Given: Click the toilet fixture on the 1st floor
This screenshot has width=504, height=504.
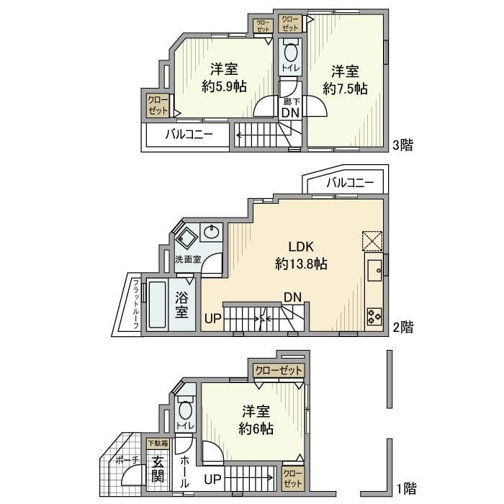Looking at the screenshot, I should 185,411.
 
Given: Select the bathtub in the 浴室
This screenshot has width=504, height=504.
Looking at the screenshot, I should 156,305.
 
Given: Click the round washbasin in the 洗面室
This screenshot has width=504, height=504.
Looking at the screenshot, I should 212,232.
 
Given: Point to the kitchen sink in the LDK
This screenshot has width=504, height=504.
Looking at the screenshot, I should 374,271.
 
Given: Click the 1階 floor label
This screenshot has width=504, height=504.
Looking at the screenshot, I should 405,487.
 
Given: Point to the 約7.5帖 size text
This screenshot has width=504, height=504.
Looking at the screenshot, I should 346,89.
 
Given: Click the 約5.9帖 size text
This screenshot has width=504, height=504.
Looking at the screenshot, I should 224,86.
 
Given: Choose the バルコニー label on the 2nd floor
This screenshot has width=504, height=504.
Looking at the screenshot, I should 350,183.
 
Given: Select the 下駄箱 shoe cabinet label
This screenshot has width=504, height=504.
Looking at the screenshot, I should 157,444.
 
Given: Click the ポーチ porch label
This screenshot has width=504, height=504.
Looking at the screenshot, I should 127,460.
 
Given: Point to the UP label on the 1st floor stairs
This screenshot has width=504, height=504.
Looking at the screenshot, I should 212,478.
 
